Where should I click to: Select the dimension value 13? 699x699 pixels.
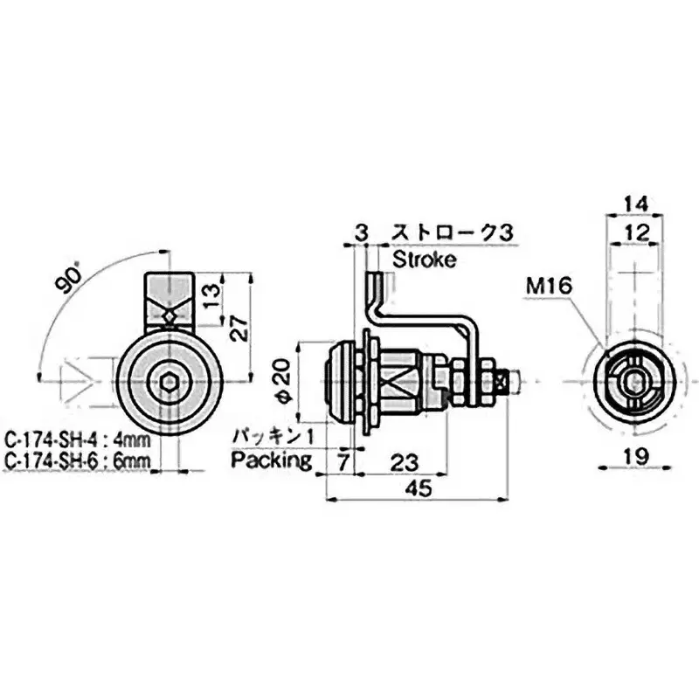click(x=211, y=290)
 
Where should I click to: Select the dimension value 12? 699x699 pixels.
click(x=639, y=232)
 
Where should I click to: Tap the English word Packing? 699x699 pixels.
click(x=272, y=460)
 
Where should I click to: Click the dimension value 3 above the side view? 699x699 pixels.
click(x=361, y=232)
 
